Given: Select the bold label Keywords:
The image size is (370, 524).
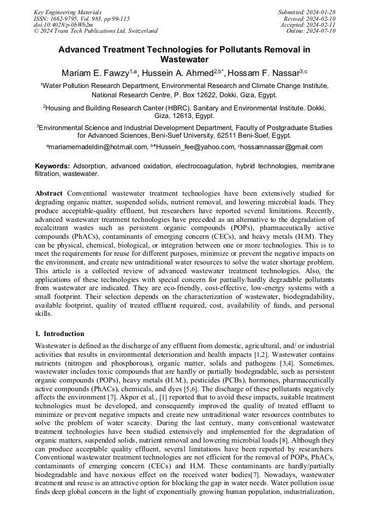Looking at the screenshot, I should coord(52,166).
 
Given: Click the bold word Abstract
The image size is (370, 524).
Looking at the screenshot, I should coord(49,193).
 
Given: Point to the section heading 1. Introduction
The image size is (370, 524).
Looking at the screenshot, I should coord(59,333).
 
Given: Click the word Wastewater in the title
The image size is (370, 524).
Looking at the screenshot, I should coord(184,59).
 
